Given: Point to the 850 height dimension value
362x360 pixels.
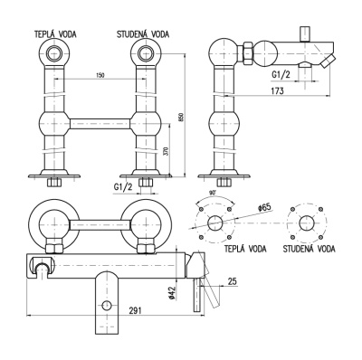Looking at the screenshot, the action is (181, 118).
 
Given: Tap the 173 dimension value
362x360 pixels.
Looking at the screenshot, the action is (277, 90).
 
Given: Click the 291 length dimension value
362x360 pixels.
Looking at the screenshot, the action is (136, 310).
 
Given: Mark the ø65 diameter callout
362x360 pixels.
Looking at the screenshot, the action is (265, 208).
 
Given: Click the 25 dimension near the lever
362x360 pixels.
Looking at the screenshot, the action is (232, 281).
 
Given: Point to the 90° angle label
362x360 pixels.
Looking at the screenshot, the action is (214, 194).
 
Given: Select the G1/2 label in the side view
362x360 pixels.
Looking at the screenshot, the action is (281, 74).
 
